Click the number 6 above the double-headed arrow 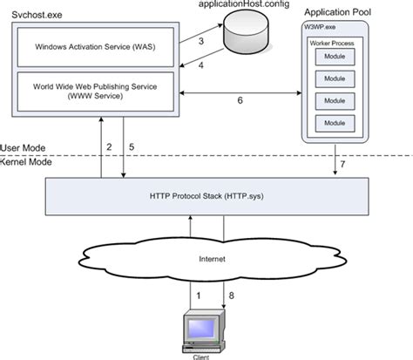point(240,100)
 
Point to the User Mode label point(24,148)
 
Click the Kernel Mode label point(26,162)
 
